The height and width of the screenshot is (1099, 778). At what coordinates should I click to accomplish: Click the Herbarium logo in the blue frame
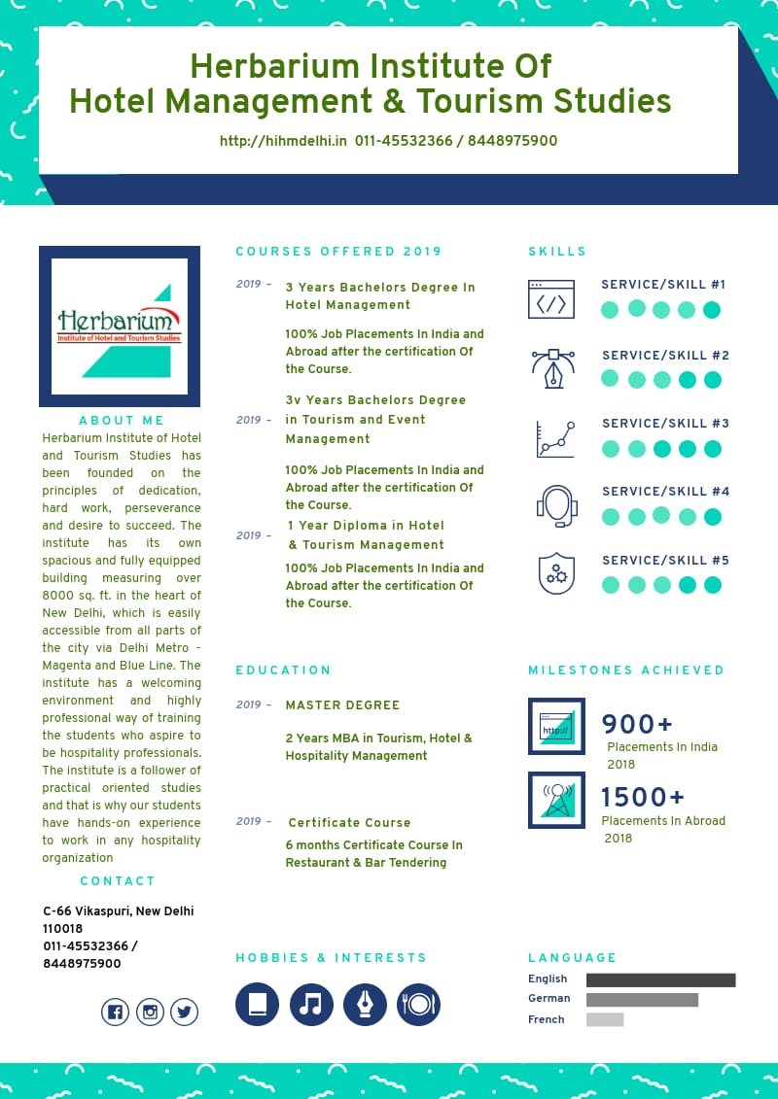coord(120,326)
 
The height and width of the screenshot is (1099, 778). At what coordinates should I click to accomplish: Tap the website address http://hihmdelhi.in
coord(283,141)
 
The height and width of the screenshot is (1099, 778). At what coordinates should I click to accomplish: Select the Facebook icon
coord(116,1013)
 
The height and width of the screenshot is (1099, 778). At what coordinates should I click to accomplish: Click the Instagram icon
coord(150,1013)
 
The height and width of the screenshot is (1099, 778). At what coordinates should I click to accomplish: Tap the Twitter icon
coord(184,1013)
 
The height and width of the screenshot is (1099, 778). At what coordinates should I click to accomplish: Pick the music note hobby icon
coord(311,1004)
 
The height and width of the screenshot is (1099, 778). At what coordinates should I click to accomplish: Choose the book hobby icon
coord(257,1004)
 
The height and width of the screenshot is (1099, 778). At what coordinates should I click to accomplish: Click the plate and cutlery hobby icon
coord(419,1004)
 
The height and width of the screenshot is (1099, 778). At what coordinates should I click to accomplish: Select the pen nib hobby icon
coord(366,1004)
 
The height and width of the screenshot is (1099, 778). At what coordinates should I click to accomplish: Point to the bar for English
coord(660,979)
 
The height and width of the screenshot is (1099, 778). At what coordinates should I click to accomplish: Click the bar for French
coord(605,1019)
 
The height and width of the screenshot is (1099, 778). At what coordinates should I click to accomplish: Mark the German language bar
coord(642,999)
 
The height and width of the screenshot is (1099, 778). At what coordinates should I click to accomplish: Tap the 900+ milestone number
coord(637,725)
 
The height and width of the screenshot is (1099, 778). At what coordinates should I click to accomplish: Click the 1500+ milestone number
coord(643,798)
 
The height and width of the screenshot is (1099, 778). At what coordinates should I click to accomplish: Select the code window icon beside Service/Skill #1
coord(551,299)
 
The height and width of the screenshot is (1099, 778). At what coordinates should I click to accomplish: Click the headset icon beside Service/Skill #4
coord(557,506)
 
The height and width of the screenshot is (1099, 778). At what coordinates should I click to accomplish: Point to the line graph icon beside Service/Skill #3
coord(555,439)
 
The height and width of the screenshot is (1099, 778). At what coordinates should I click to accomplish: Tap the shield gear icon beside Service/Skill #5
coord(556,573)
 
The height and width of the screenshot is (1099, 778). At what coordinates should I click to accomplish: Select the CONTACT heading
coord(118,881)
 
